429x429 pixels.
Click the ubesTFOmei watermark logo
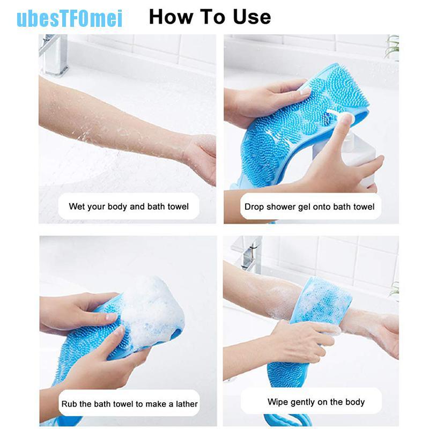click(69, 18)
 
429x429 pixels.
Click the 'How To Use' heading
click(210, 17)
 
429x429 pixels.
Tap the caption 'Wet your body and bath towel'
click(129, 206)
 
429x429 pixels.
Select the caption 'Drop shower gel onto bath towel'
click(309, 206)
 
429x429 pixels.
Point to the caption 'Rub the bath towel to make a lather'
click(129, 404)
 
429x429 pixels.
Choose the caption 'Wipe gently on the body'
click(316, 402)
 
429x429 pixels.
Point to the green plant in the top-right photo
click(393, 48)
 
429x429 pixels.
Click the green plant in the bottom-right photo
click(395, 290)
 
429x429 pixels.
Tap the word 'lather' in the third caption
click(184, 404)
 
